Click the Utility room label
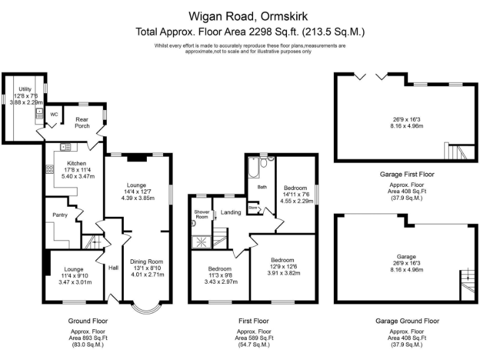click(25, 89)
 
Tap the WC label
click(54, 114)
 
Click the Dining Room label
click(146, 261)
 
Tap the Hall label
click(113, 267)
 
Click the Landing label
click(231, 212)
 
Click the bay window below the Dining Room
click(146, 308)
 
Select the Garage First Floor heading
click(406, 174)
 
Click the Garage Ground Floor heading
click(407, 321)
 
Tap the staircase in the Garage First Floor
click(457, 151)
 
